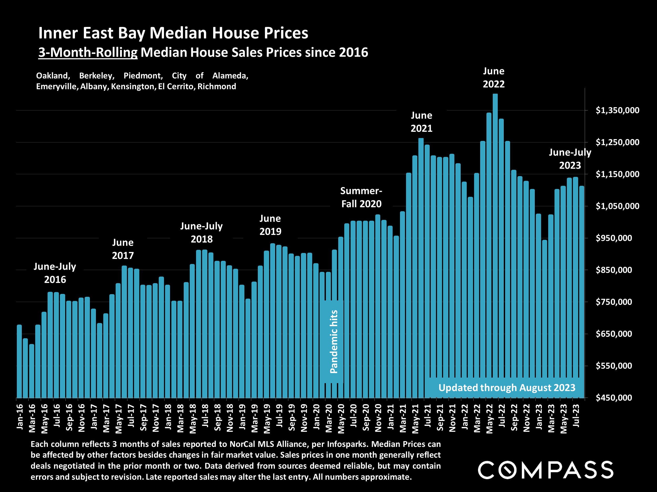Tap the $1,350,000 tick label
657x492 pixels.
tap(617, 110)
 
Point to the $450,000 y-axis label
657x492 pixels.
tap(614, 398)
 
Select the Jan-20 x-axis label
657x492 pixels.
tap(317, 416)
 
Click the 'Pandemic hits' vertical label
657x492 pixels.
tap(334, 342)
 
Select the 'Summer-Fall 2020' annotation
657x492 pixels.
tap(361, 197)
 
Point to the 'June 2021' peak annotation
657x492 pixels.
tap(422, 122)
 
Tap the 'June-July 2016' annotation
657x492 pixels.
tap(55, 273)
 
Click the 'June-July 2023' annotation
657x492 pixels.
tap(570, 159)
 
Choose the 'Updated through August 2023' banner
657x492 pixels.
tap(507, 388)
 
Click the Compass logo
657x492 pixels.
tap(545, 470)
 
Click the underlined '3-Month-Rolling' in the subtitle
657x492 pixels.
tap(88, 52)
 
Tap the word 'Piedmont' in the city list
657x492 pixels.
tap(143, 76)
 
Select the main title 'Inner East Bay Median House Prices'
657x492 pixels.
tap(173, 33)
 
